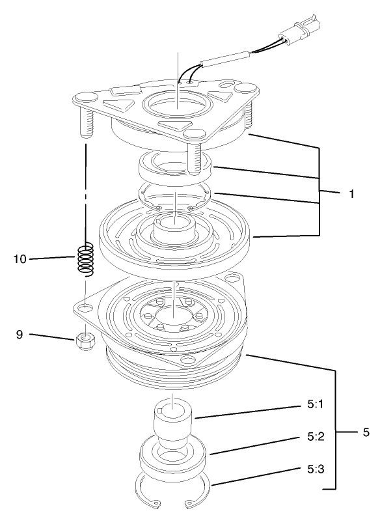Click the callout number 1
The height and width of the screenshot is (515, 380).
351,194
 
